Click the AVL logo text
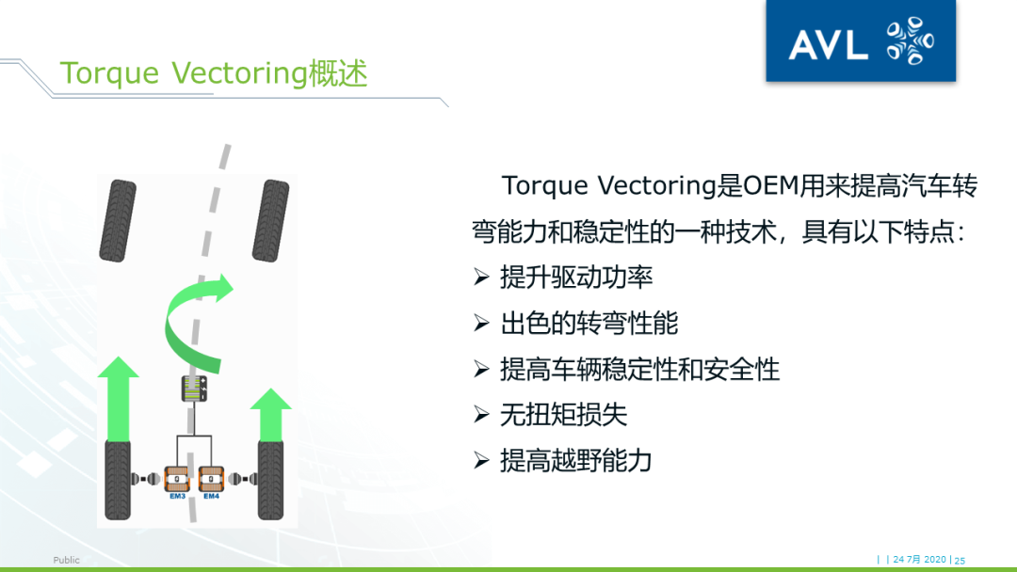[827, 43]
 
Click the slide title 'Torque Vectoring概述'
[213, 73]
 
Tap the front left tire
[118, 220]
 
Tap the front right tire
[270, 220]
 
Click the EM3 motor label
[177, 496]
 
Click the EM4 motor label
[211, 496]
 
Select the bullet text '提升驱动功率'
[576, 277]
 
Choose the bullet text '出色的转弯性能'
[589, 323]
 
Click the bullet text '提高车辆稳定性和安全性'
[639, 369]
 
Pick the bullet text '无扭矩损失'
[563, 415]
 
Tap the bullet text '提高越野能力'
[576, 461]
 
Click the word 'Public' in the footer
[67, 560]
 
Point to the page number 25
[960, 560]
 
